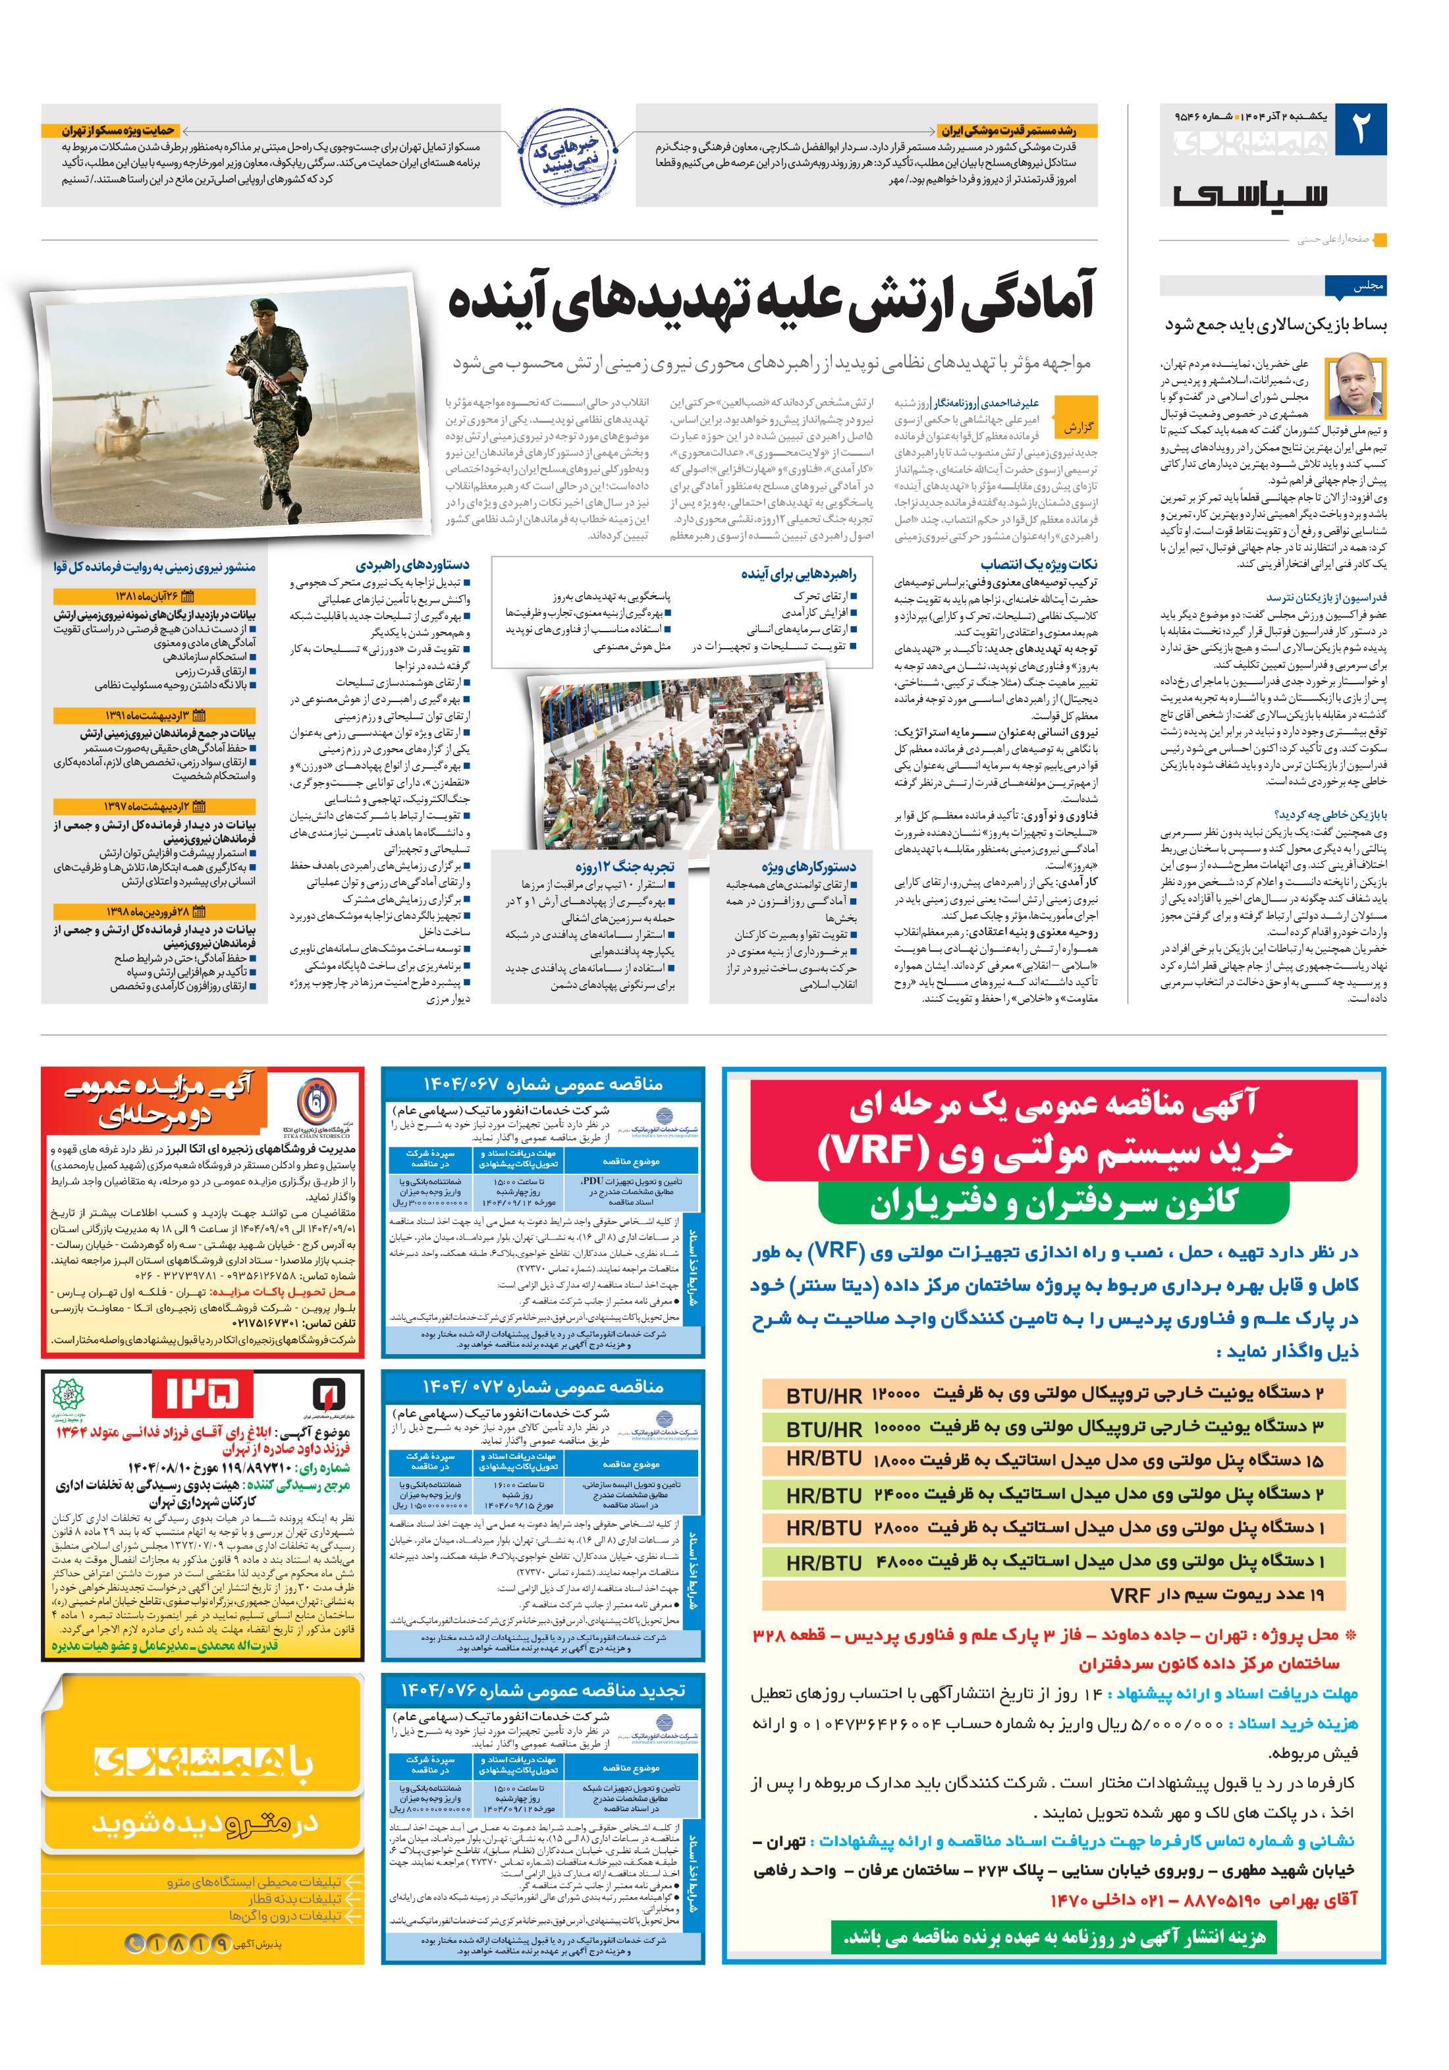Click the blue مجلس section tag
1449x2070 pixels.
(x=1355, y=286)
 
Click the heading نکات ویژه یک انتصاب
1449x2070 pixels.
(x=1039, y=565)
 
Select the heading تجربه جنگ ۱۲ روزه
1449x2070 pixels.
(x=625, y=867)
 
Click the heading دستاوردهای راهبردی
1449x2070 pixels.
(x=412, y=565)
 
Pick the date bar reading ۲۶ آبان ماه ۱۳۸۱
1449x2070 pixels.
(x=154, y=597)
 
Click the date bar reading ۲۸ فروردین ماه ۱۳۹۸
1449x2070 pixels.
(x=154, y=912)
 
